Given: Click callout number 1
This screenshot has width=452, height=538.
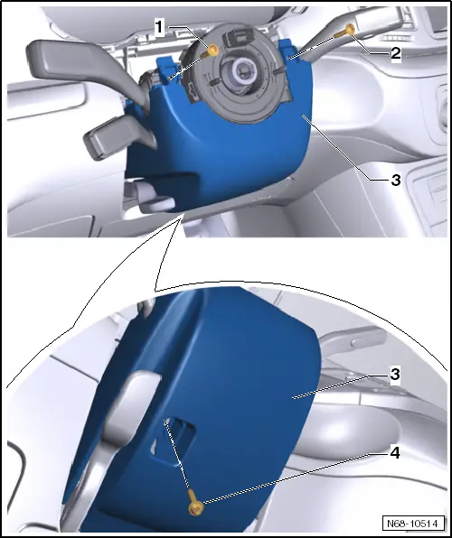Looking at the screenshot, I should (x=158, y=27).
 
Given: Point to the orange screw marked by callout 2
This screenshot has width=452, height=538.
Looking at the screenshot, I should (x=349, y=31).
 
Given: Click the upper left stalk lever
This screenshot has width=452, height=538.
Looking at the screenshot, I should (x=63, y=60).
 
